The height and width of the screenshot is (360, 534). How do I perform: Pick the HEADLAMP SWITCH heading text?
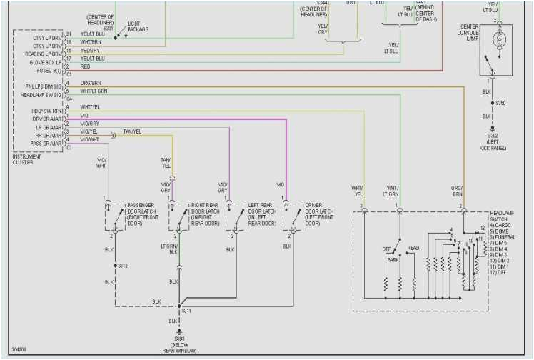pyautogui.click(x=504, y=216)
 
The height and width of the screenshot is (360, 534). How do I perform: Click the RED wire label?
pyautogui.click(x=84, y=66)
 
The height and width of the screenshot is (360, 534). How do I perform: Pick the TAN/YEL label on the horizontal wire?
pyautogui.click(x=131, y=131)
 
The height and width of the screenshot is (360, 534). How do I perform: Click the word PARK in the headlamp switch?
pyautogui.click(x=393, y=260)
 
